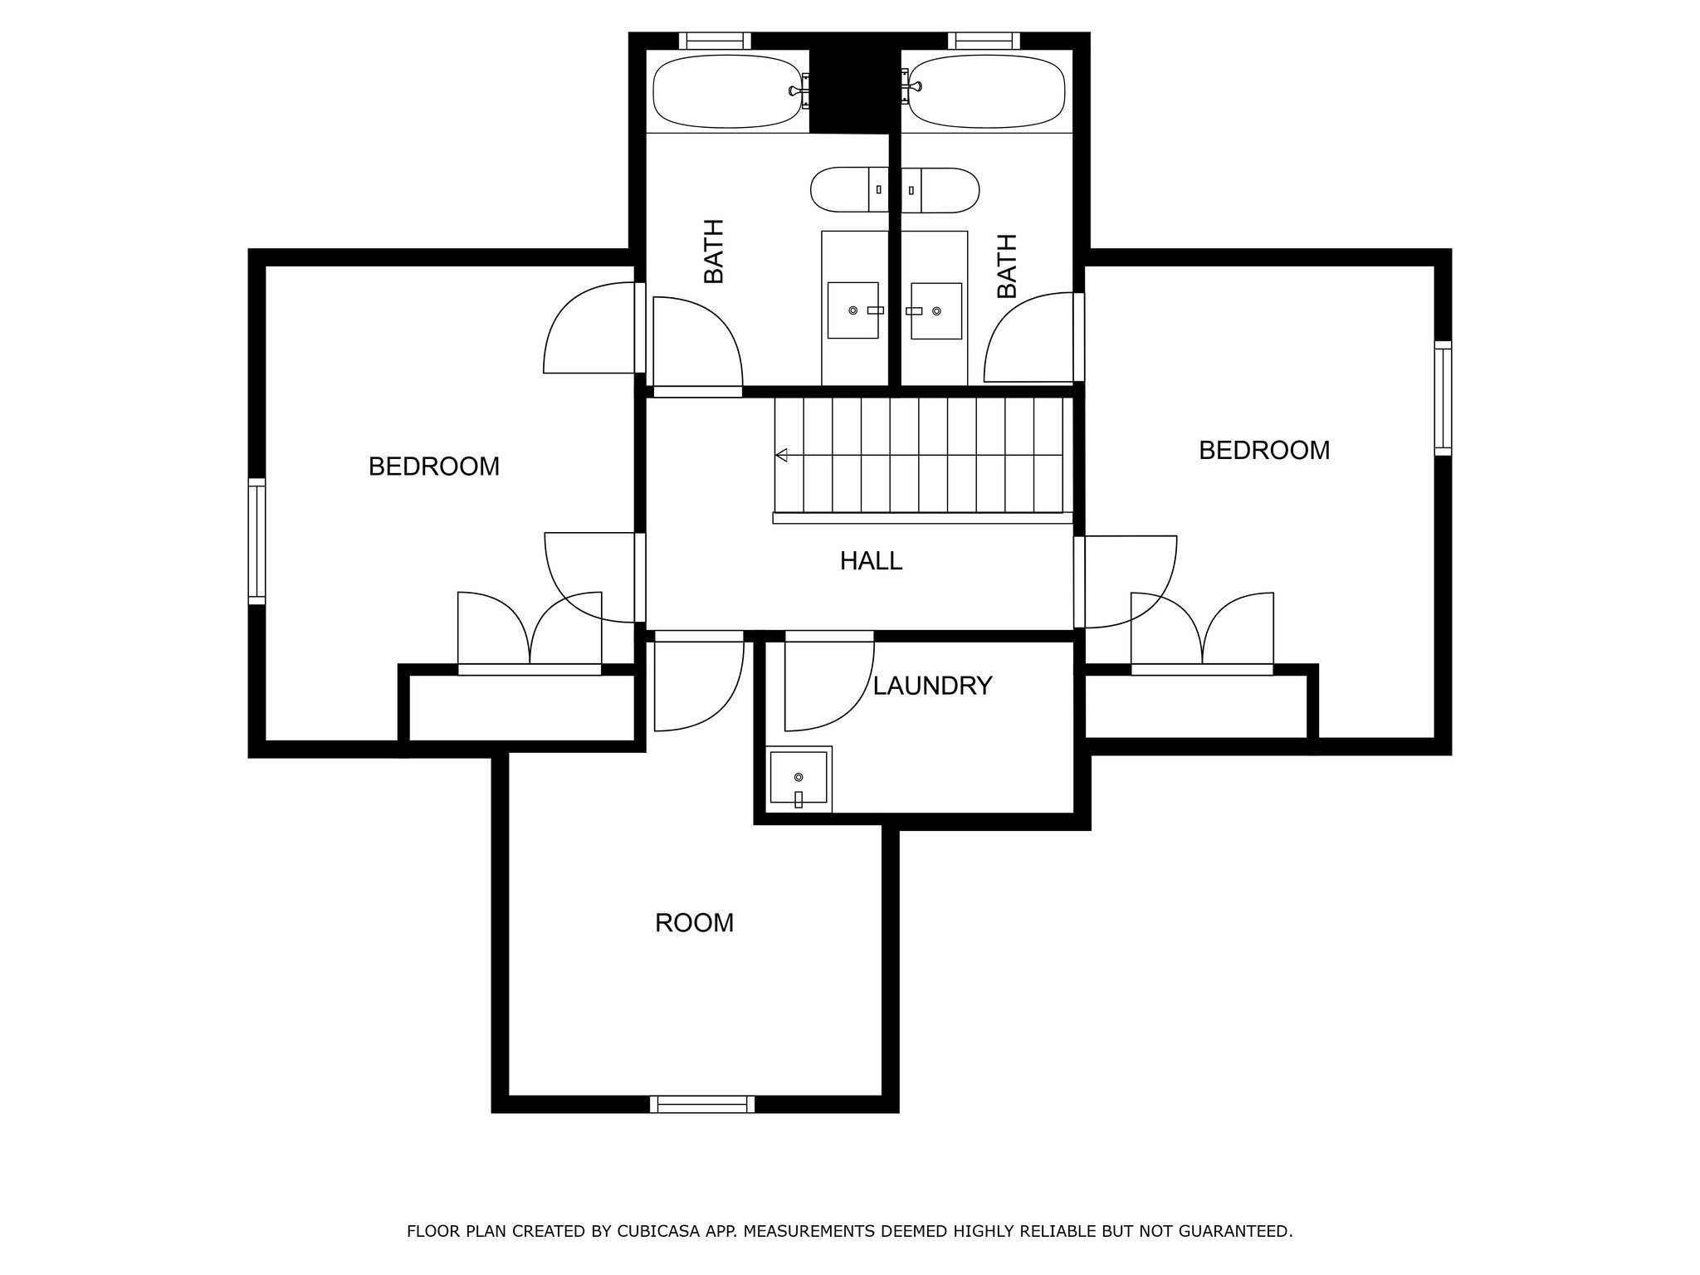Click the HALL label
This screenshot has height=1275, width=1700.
pos(871,561)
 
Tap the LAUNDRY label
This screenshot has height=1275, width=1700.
pos(932,686)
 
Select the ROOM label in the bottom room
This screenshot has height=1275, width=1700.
pos(695,923)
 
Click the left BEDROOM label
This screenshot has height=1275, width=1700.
pos(434,467)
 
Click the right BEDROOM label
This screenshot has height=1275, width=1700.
pos(1264,450)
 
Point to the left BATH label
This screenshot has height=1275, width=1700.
pos(714,251)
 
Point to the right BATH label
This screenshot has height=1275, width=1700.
pos(1007,266)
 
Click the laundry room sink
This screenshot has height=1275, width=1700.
pos(799,778)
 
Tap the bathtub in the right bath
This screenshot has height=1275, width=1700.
pos(984,91)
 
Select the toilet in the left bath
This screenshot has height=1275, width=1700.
pos(850,189)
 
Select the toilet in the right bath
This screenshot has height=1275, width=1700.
pos(940,189)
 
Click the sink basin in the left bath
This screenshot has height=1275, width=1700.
pos(853,310)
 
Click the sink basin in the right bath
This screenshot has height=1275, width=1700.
pos(936,310)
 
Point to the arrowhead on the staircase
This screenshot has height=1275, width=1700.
pos(781,455)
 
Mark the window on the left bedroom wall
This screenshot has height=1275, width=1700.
pos(257,540)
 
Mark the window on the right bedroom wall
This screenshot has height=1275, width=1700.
pos(1444,398)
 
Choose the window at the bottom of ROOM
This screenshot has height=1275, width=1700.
pos(702,1104)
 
